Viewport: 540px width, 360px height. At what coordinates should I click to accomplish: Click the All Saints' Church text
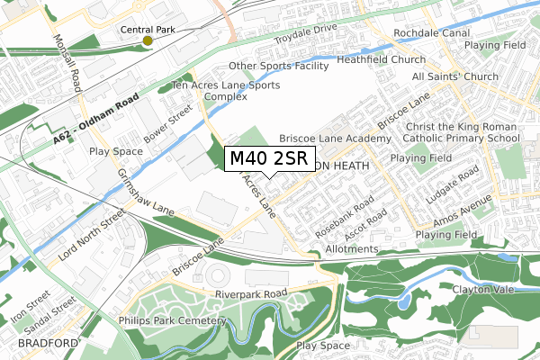454,76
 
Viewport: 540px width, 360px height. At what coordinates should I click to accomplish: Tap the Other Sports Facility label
278,66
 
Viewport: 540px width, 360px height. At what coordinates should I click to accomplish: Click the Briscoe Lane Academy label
336,139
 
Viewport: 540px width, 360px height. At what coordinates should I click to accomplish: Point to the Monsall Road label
68,63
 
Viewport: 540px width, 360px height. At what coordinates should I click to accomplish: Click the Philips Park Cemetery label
171,320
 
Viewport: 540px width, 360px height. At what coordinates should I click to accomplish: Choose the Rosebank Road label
345,217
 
